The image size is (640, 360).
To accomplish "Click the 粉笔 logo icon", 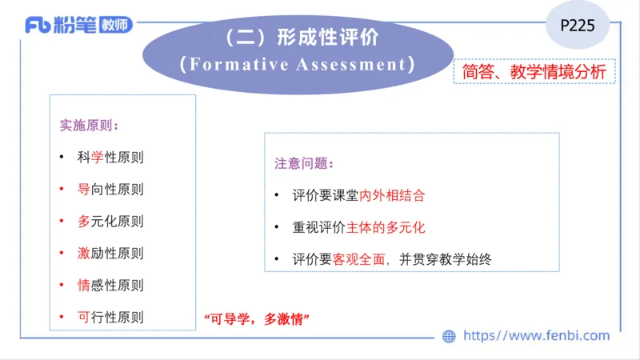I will [x=38, y=26].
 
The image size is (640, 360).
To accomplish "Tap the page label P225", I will [x=577, y=25].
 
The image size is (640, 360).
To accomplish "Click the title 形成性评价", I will [x=301, y=38].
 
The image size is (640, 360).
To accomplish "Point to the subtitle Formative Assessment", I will [x=298, y=64].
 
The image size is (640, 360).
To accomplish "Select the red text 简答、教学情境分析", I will [x=534, y=71].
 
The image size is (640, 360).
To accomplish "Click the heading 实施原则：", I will [x=90, y=126].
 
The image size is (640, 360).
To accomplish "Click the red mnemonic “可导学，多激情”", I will [x=257, y=318].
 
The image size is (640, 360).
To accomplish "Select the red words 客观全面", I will [x=366, y=259].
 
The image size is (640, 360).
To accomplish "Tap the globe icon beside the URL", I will [x=449, y=336].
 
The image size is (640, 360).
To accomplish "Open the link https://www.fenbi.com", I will [x=537, y=336].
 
